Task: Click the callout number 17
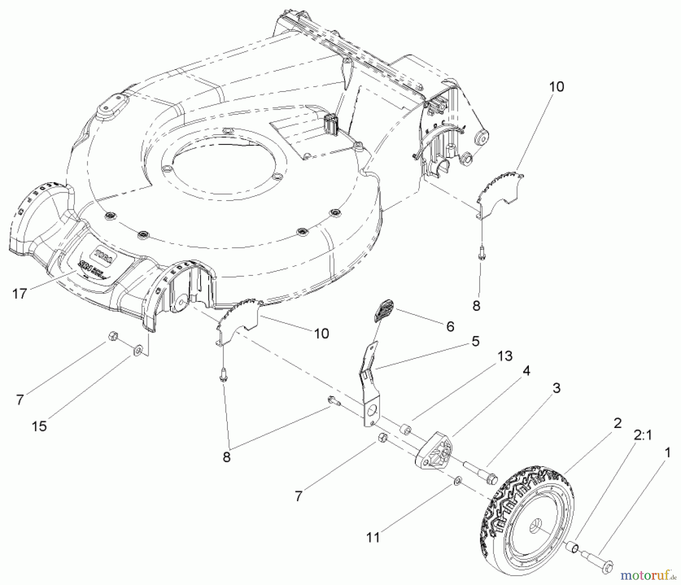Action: click(20, 294)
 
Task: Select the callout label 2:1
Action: click(642, 436)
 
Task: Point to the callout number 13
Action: click(505, 356)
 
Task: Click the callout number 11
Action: click(373, 538)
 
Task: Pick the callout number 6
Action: click(450, 326)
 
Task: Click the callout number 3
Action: click(556, 388)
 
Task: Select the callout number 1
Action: click(668, 453)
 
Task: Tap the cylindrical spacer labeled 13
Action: click(406, 430)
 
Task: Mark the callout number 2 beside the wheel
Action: click(617, 423)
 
